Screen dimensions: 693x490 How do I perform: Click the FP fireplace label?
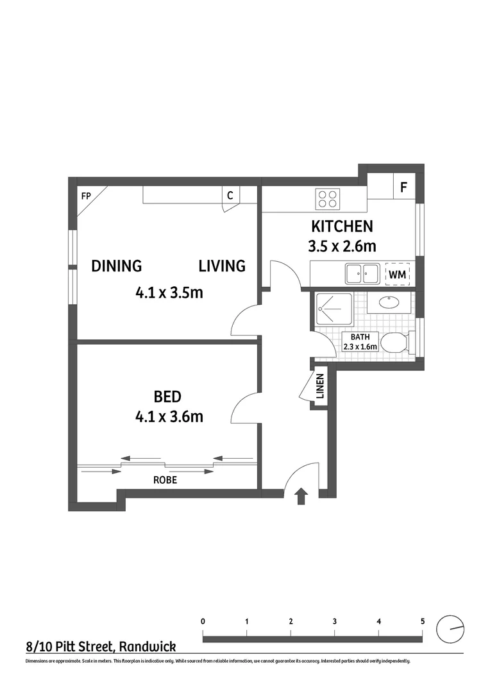[x=85, y=196]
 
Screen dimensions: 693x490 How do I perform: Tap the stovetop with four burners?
[x=327, y=199]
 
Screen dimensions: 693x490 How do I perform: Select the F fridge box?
[x=403, y=188]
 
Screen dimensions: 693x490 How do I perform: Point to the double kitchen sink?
[x=360, y=274]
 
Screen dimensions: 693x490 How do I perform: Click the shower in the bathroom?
[x=334, y=311]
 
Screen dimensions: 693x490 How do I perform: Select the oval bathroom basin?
[x=389, y=303]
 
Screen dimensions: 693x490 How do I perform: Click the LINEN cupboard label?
[x=320, y=386]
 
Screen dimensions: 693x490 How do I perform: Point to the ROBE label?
[x=165, y=479]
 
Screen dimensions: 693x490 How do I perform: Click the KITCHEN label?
[x=342, y=227]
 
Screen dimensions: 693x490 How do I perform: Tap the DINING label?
[x=116, y=266]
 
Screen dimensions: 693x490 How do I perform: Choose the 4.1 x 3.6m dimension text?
[x=169, y=416]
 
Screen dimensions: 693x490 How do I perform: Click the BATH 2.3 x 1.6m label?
[x=359, y=342]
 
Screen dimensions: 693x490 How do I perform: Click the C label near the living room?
[x=230, y=196]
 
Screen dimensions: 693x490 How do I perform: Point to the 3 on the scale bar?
[x=335, y=621]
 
